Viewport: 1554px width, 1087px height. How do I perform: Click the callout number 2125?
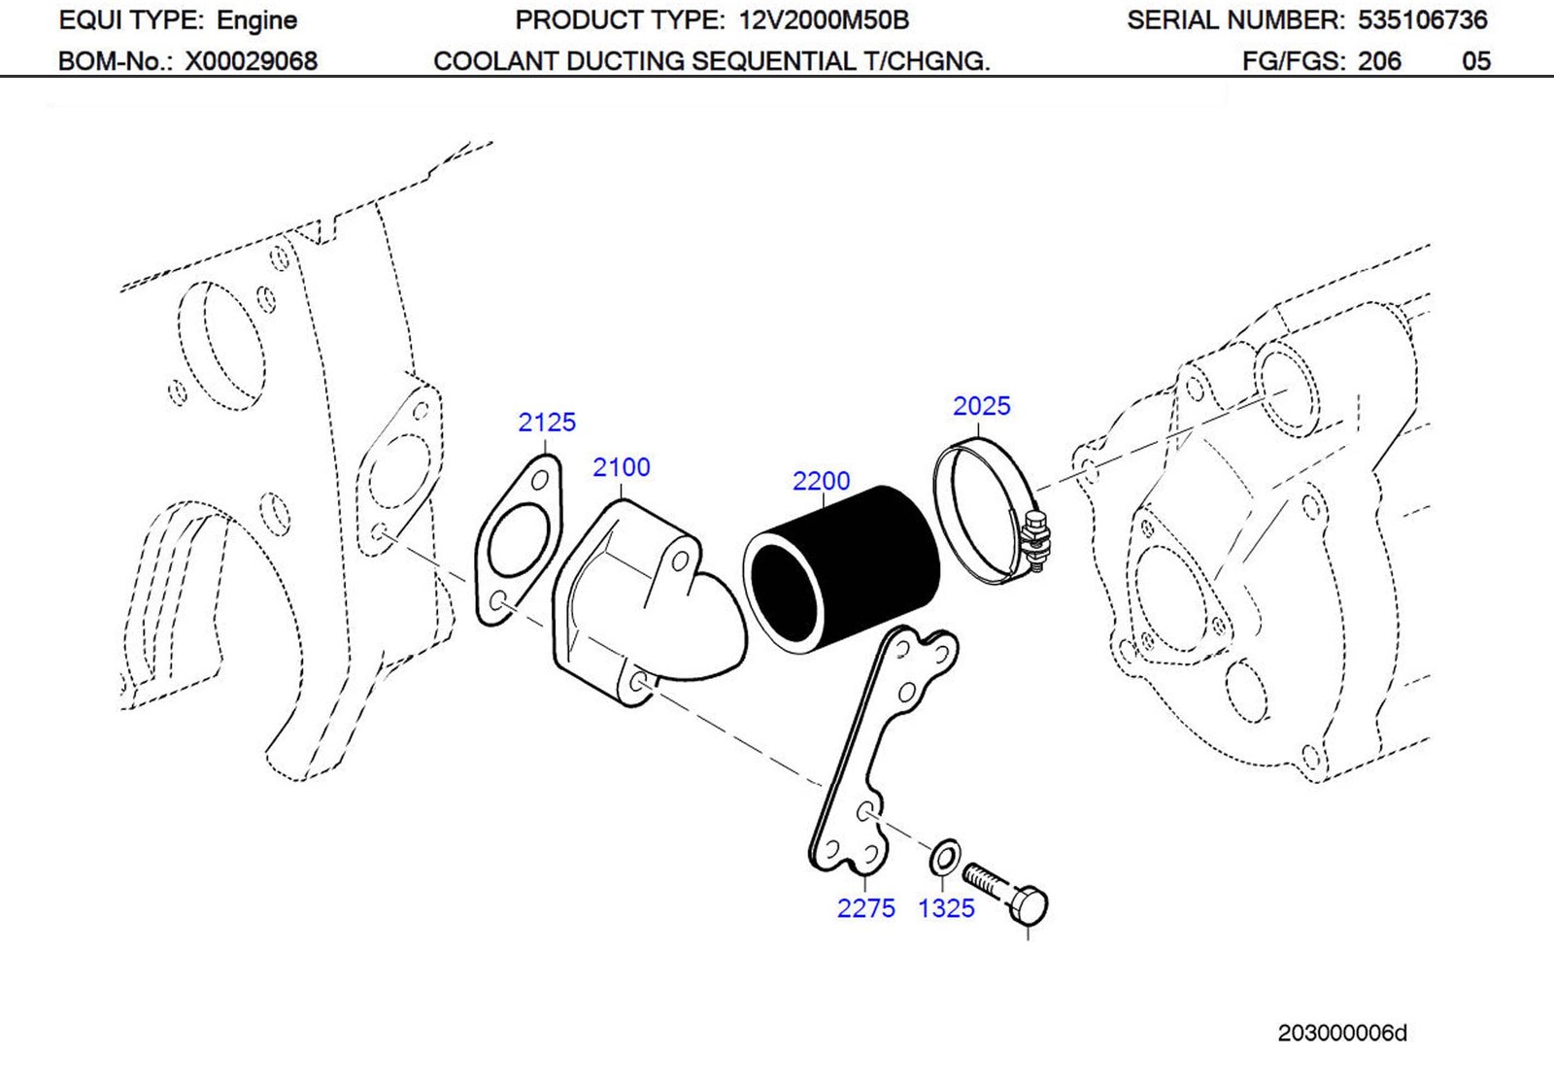pyautogui.click(x=546, y=423)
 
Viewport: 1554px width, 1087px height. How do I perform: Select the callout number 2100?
pyautogui.click(x=621, y=467)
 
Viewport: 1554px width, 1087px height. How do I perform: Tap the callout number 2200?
pyautogui.click(x=821, y=481)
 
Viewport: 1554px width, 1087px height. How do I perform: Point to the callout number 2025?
pyautogui.click(x=981, y=406)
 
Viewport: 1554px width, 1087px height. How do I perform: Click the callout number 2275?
pyautogui.click(x=865, y=908)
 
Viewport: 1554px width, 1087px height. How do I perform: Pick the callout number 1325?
pyautogui.click(x=946, y=908)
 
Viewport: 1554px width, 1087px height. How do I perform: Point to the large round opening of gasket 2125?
pyautogui.click(x=517, y=540)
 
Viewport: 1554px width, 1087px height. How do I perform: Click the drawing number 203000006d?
pyautogui.click(x=1341, y=1034)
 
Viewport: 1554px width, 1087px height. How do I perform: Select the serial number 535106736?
pyautogui.click(x=1422, y=20)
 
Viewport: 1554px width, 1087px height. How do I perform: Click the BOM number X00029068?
pyautogui.click(x=252, y=61)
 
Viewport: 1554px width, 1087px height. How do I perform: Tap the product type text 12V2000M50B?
pyautogui.click(x=824, y=20)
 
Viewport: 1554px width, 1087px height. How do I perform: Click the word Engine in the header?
pyautogui.click(x=256, y=20)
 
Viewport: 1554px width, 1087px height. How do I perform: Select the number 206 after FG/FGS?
pyautogui.click(x=1379, y=61)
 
